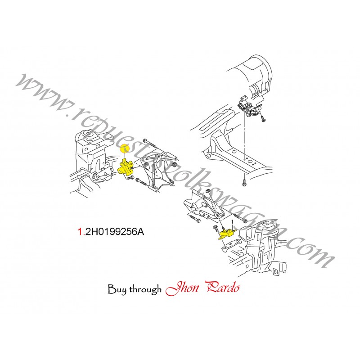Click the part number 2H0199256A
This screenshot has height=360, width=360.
tap(115, 232)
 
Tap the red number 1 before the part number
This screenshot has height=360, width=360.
tap(81, 232)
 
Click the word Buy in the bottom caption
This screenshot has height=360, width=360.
tap(117, 289)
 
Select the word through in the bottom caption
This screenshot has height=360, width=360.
tap(145, 289)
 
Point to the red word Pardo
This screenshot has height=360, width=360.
tap(223, 287)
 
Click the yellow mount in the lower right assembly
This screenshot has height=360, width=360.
tap(226, 234)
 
